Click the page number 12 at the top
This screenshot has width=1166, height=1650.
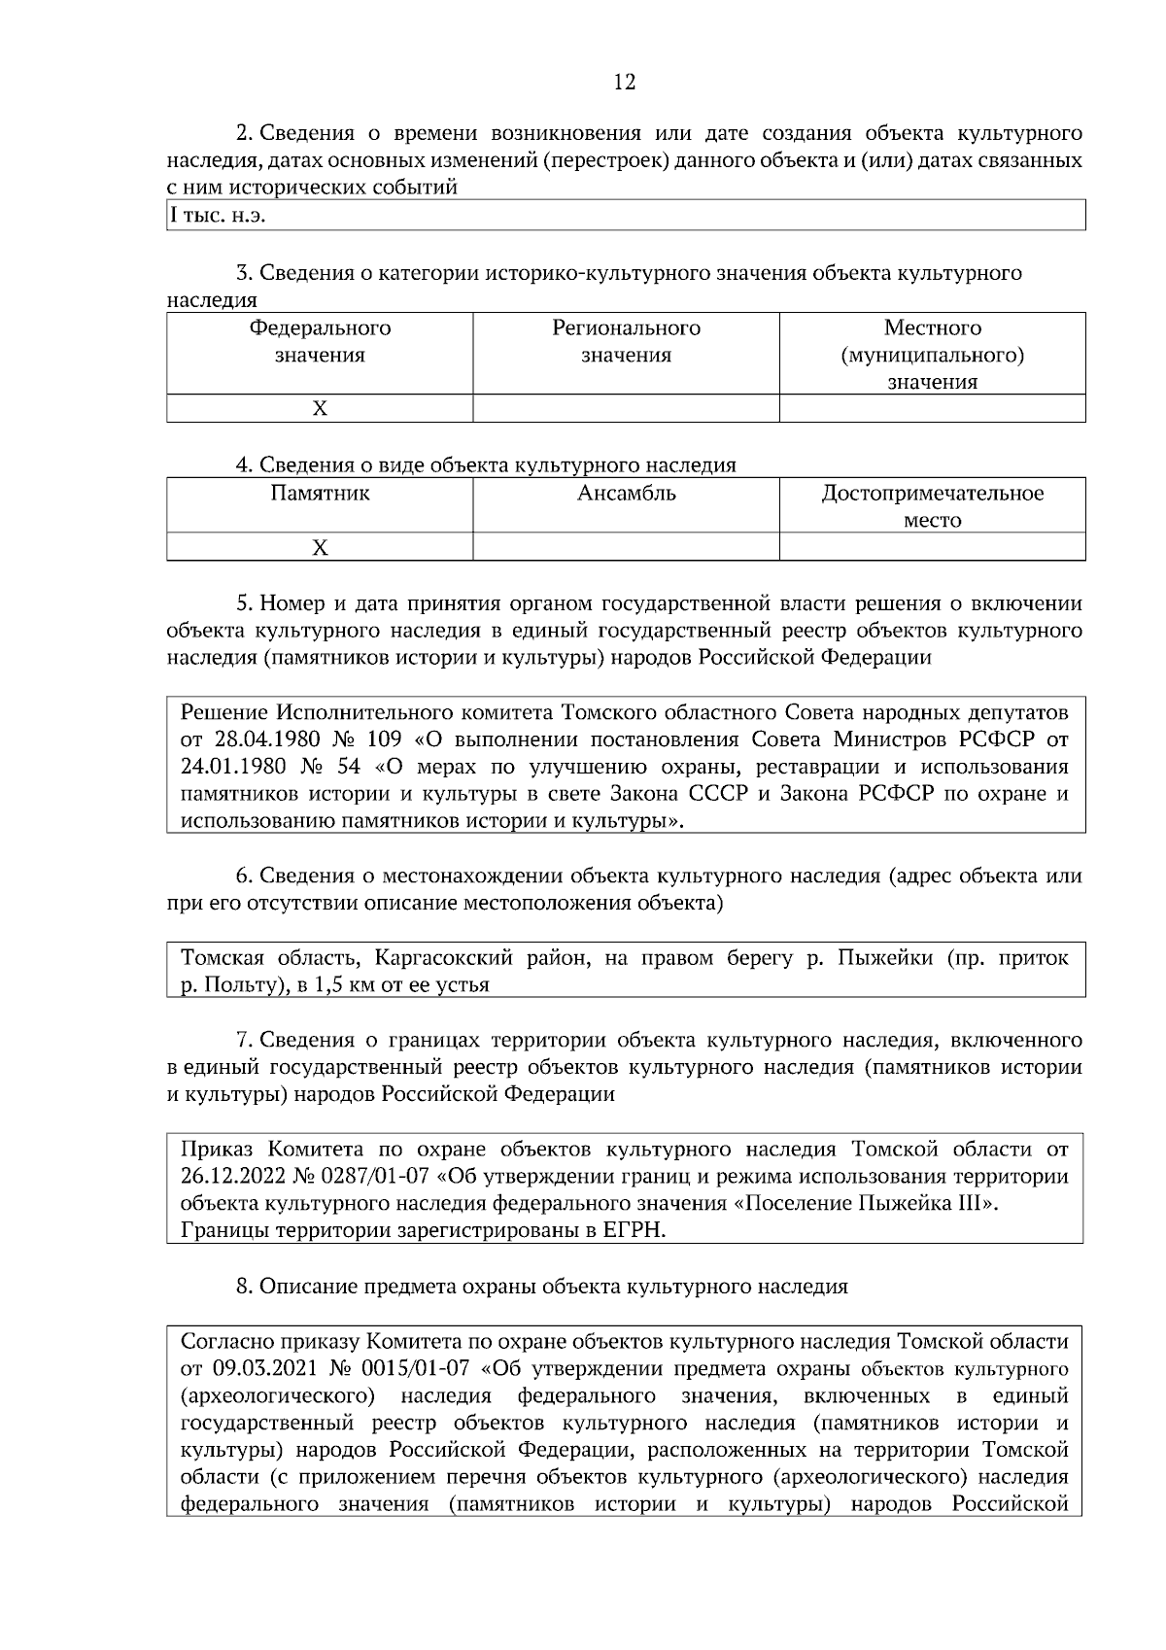pyautogui.click(x=625, y=83)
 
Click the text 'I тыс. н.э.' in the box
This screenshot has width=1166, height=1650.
pyautogui.click(x=218, y=216)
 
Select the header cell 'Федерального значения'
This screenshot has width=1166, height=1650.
pyautogui.click(x=320, y=342)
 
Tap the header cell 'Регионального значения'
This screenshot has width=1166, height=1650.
pyautogui.click(x=626, y=342)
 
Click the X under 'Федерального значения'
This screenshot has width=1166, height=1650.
pyautogui.click(x=320, y=409)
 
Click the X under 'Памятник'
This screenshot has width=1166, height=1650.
pyautogui.click(x=320, y=548)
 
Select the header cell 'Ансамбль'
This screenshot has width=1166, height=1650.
pyautogui.click(x=626, y=494)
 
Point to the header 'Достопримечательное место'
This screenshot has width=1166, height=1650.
pyautogui.click(x=932, y=506)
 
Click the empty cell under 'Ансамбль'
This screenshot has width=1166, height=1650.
pyautogui.click(x=626, y=548)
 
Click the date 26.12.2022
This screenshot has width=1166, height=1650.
pyautogui.click(x=232, y=1177)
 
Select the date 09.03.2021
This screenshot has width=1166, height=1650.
pyautogui.click(x=259, y=1369)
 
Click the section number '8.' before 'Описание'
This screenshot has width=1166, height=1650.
pyautogui.click(x=245, y=1287)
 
